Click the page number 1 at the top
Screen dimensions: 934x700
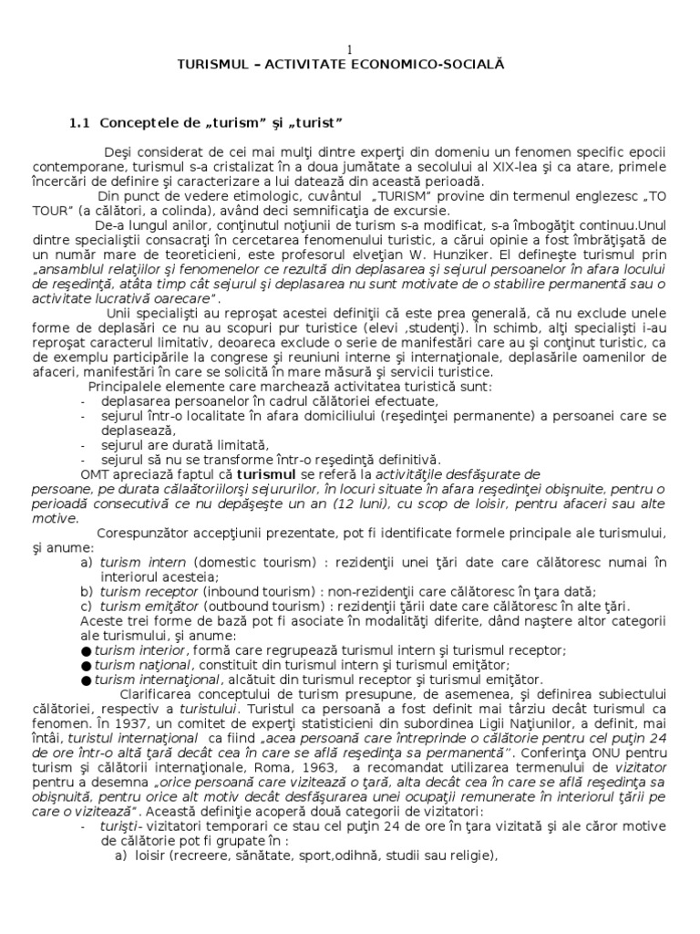tap(350, 48)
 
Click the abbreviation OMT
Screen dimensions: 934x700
tap(95, 475)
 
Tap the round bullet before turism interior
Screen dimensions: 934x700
tap(86, 650)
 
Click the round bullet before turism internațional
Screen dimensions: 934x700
tap(86, 680)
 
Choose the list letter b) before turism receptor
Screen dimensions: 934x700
tap(86, 592)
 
